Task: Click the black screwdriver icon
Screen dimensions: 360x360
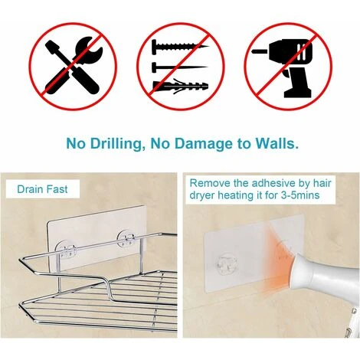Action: (x=72, y=67)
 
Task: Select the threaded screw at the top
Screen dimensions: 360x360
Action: (x=179, y=46)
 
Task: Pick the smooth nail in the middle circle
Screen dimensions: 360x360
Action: (x=179, y=67)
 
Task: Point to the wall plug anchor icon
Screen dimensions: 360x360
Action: (x=179, y=86)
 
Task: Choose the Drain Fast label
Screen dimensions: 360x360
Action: (x=42, y=189)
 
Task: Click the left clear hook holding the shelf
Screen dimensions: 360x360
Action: (x=66, y=249)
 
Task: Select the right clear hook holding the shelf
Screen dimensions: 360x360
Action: (x=126, y=240)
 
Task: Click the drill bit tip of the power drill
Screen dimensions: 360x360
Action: (x=255, y=51)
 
